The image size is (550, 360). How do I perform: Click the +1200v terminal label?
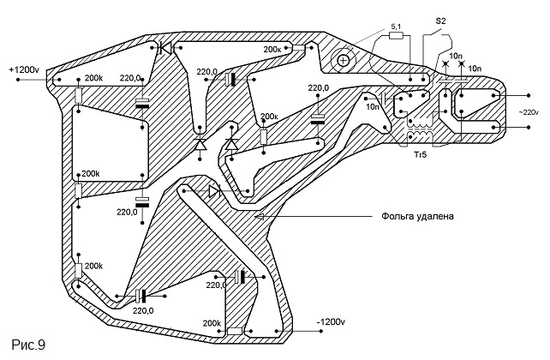(24, 69)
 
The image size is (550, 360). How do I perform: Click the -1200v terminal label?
(331, 321)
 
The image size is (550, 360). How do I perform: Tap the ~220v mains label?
(529, 112)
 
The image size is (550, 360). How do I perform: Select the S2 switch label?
(440, 21)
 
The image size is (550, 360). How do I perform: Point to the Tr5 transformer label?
(420, 154)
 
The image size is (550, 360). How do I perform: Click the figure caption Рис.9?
(28, 345)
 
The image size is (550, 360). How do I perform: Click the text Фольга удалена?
(417, 216)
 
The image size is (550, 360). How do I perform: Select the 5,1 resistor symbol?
(397, 35)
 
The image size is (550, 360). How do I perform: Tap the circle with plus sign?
(343, 61)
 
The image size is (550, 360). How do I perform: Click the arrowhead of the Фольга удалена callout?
(260, 217)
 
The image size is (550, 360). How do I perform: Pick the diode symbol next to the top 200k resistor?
(164, 47)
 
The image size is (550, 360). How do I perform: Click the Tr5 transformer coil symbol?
(421, 129)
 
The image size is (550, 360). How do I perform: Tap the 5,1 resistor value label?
(396, 27)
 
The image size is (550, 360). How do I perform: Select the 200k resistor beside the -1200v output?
(235, 331)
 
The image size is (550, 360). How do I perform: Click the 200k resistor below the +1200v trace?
(79, 95)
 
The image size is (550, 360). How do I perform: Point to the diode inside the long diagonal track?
(213, 191)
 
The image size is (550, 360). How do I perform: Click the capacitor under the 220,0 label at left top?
(142, 104)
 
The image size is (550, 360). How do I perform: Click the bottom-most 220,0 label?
(143, 310)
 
